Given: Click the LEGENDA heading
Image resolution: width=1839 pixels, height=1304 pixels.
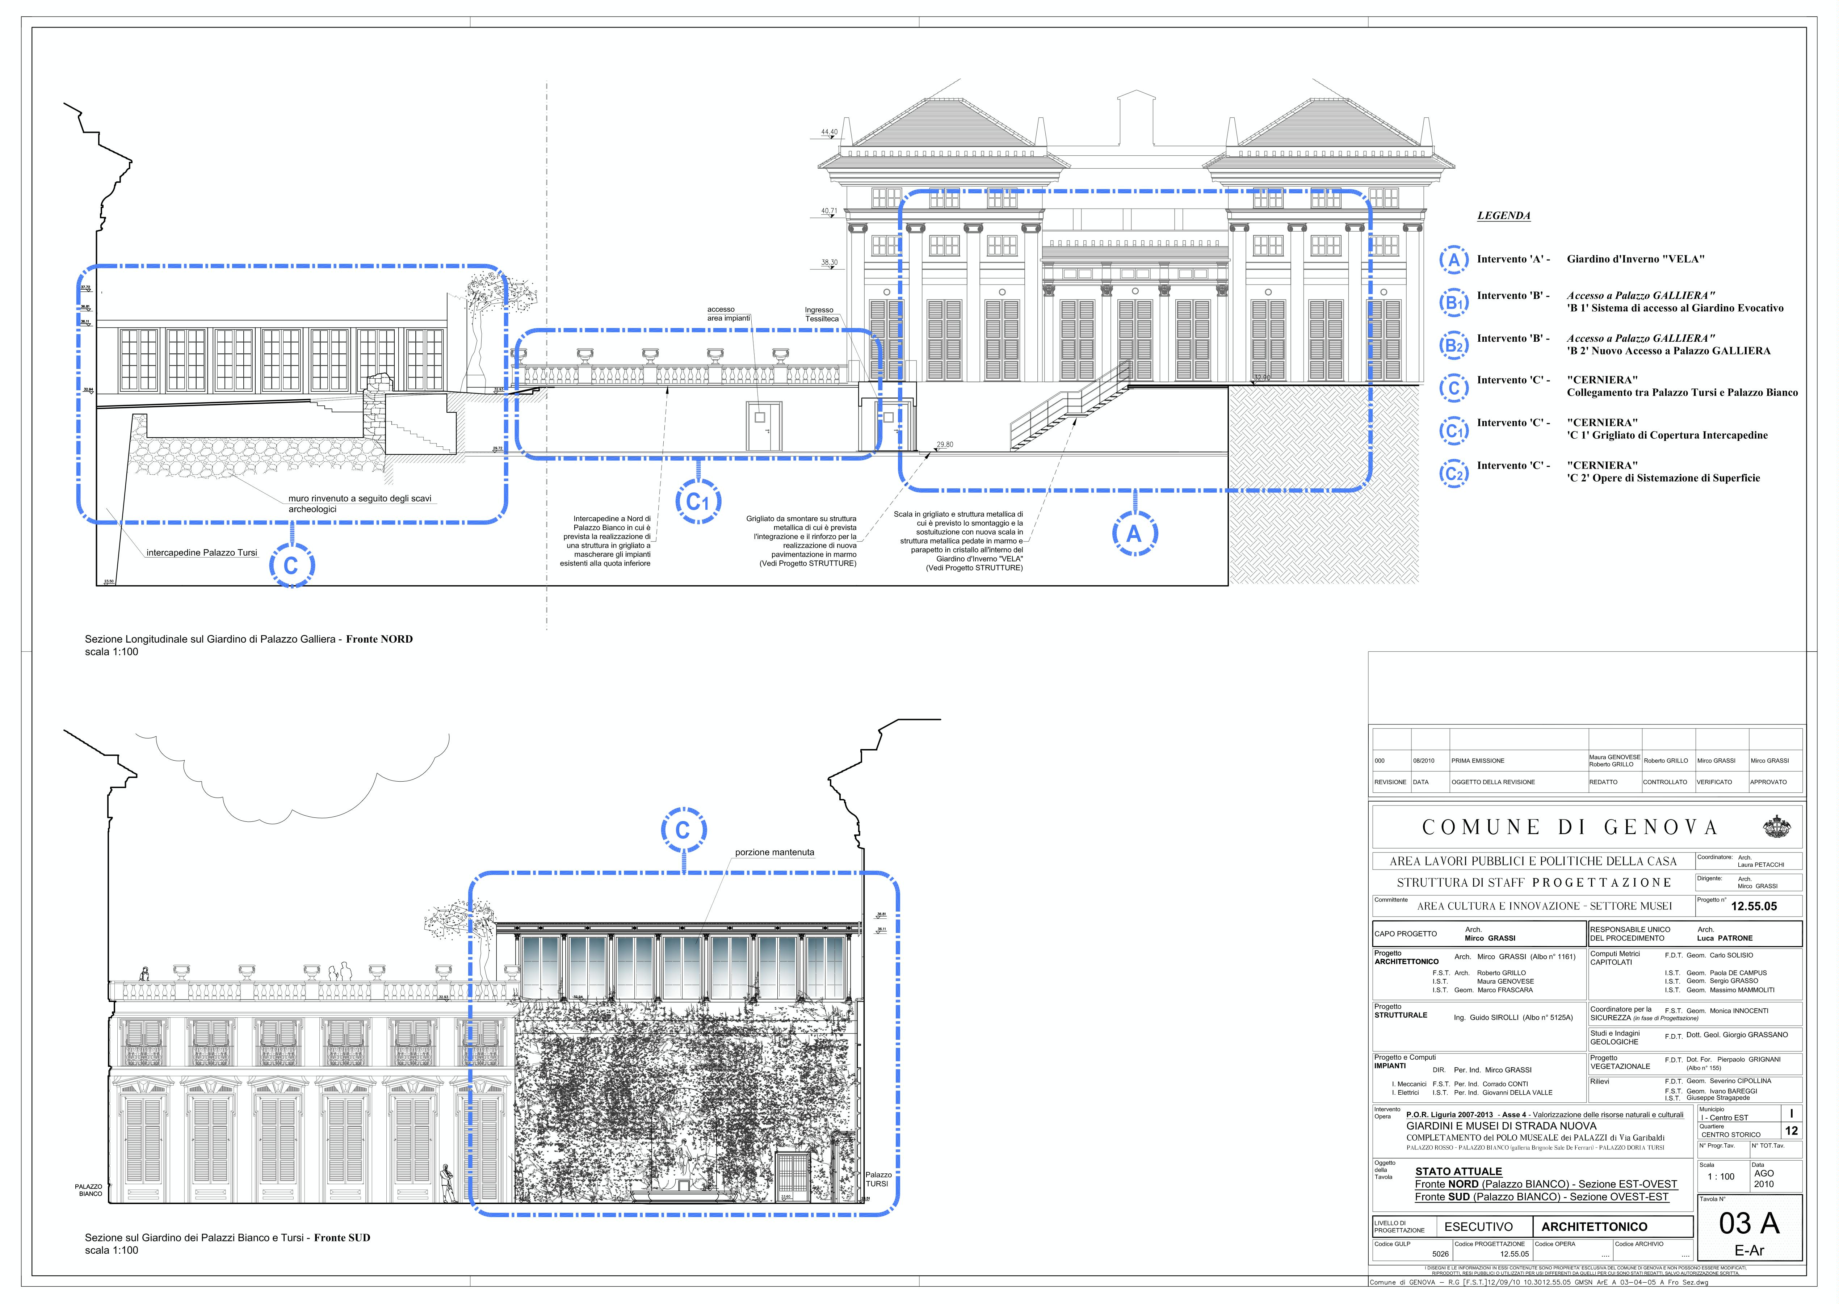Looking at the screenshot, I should [x=1503, y=216].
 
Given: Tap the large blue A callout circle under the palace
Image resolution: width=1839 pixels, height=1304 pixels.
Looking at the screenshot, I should [x=1134, y=534].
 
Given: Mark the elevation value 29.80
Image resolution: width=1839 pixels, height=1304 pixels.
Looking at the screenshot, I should [x=944, y=444].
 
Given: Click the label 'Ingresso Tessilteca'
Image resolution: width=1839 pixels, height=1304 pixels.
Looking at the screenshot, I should [x=822, y=314].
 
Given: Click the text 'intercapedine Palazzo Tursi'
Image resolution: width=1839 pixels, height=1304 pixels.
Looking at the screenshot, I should [x=202, y=552].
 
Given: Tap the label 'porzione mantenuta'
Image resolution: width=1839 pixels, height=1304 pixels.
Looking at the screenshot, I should [x=774, y=852].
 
